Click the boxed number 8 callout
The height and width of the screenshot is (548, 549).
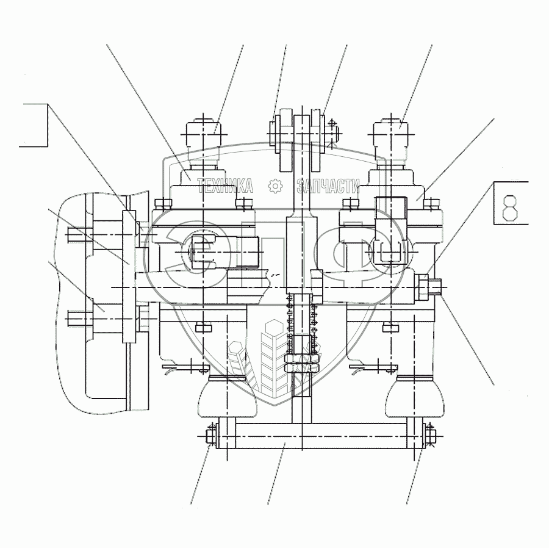click(x=511, y=203)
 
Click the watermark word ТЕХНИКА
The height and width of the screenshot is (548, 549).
click(x=225, y=186)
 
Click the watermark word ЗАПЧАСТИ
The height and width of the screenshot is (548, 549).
click(x=328, y=186)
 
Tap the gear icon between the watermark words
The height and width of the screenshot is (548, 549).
click(x=275, y=186)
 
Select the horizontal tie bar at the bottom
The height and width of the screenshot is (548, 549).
click(x=312, y=436)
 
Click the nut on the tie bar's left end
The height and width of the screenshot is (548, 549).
click(x=210, y=436)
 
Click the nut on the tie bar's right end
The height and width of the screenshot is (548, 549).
click(x=430, y=436)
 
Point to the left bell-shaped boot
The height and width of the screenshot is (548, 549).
click(x=228, y=397)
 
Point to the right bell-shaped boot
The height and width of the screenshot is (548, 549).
click(x=415, y=397)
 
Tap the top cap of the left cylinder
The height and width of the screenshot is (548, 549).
click(x=203, y=134)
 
